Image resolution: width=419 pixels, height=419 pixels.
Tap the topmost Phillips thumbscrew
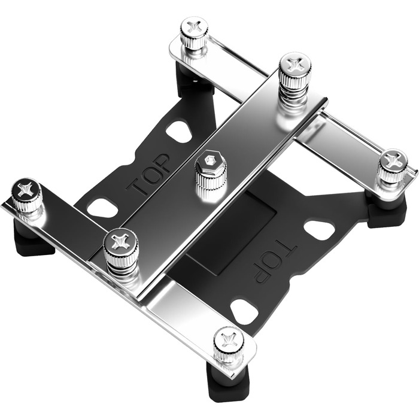195,33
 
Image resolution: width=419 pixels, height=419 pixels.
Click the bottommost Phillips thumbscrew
229,345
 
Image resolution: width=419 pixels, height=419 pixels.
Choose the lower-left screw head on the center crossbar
121,248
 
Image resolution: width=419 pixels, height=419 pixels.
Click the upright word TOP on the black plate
148,174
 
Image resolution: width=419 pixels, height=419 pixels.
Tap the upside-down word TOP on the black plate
275,262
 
